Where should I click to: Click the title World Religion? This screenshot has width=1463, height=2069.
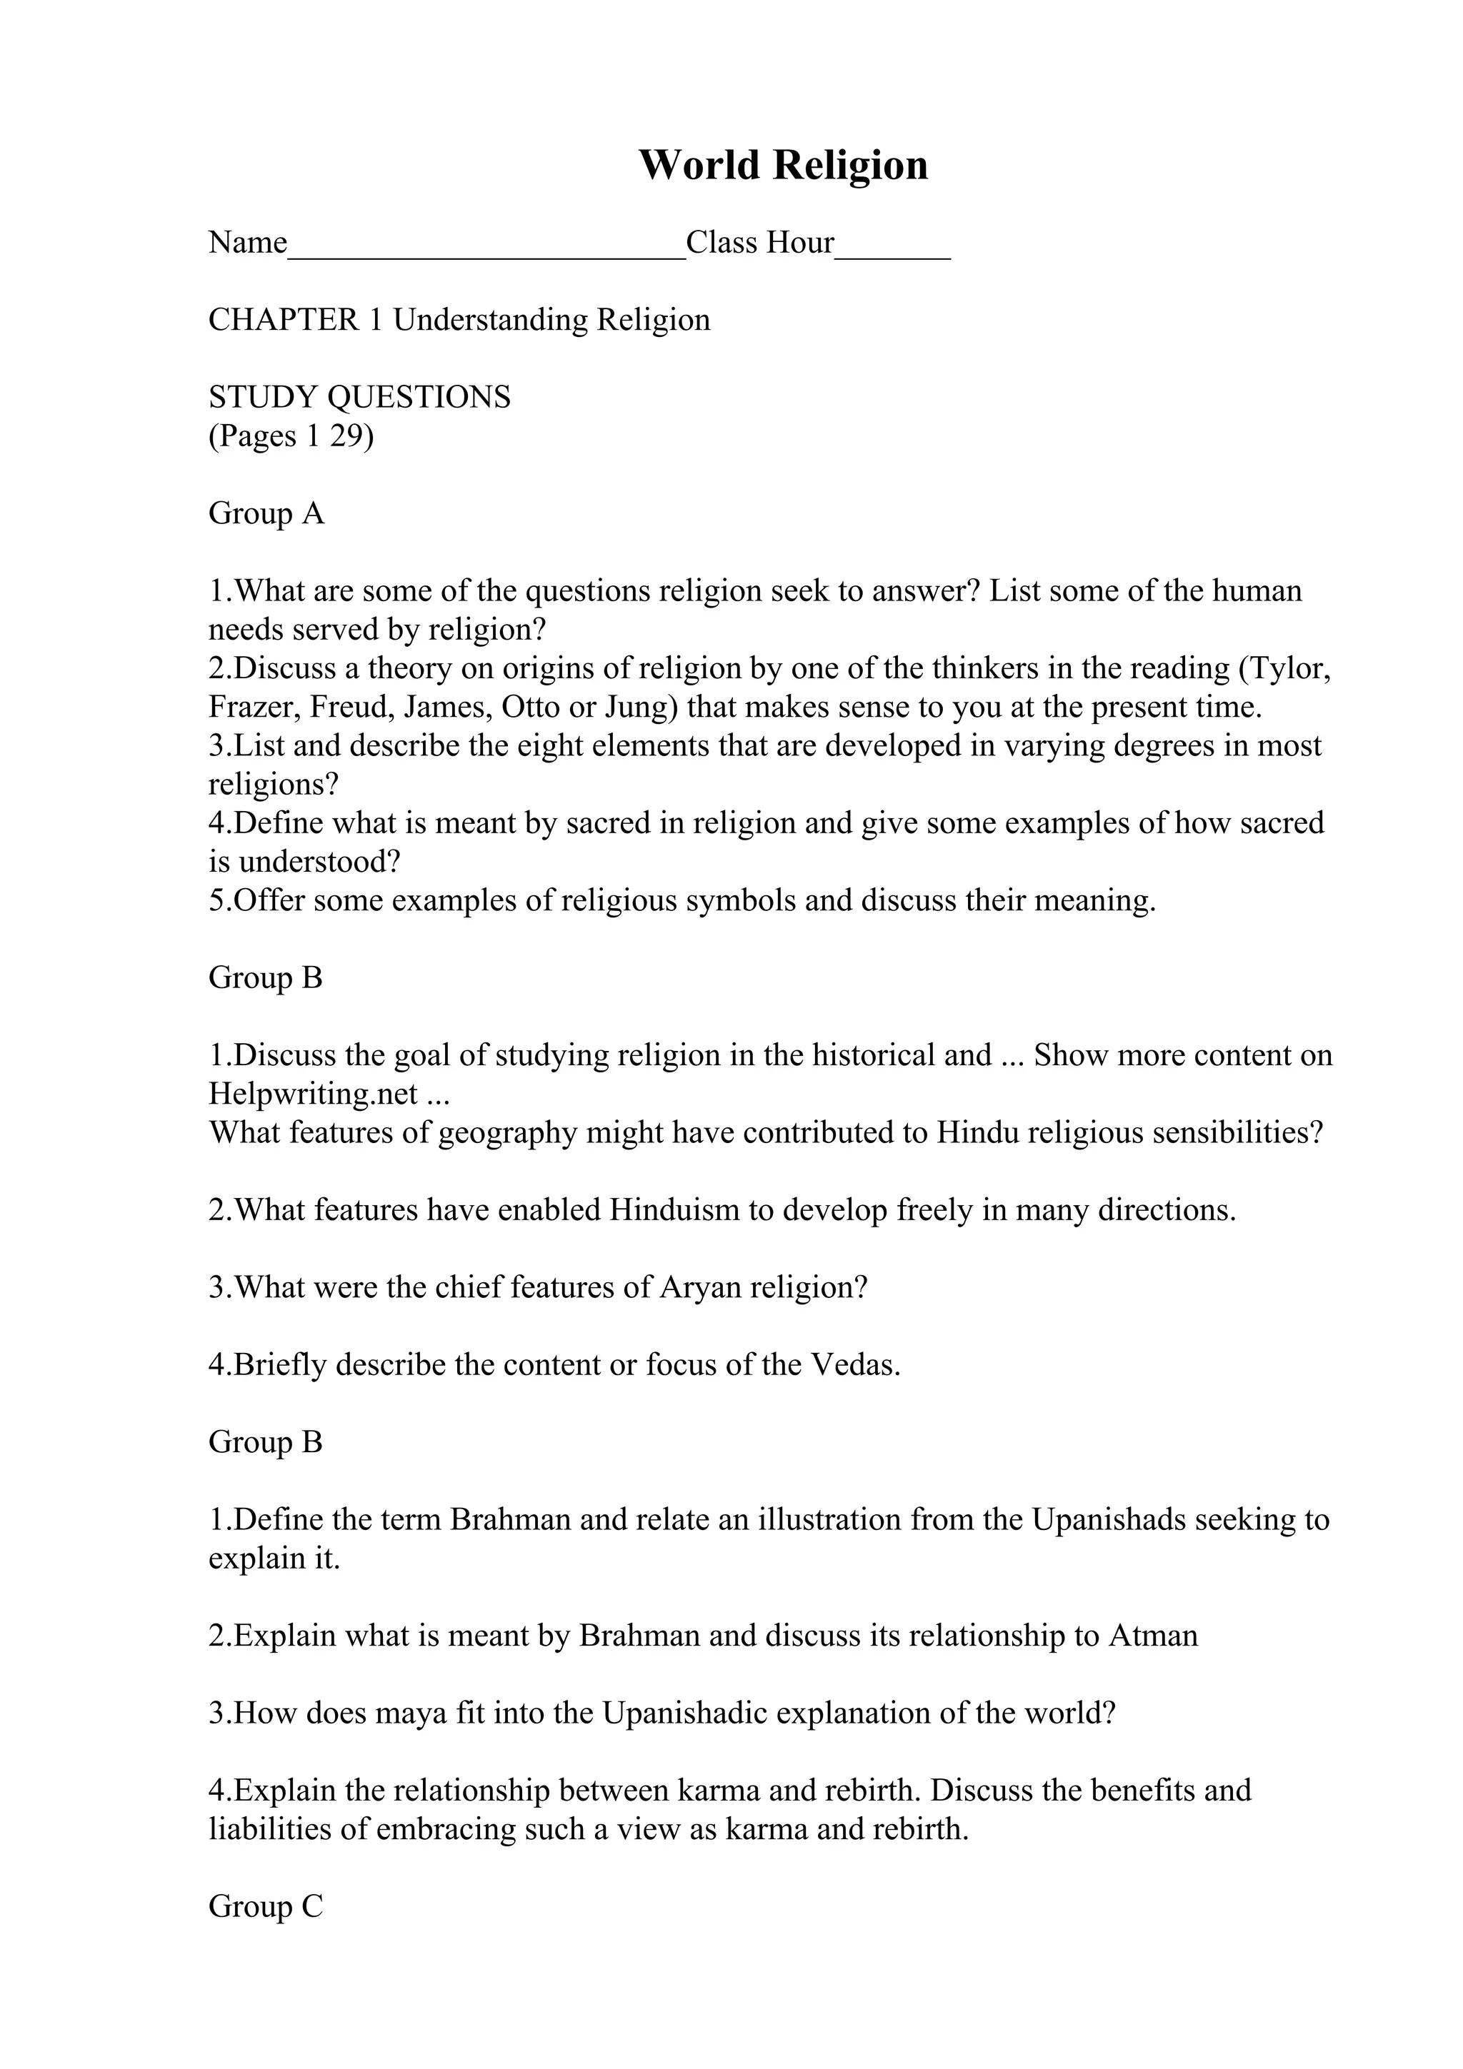tap(782, 166)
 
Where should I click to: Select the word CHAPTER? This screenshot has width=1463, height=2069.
tap(284, 320)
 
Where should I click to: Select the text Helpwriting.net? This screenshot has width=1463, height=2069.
tap(314, 1094)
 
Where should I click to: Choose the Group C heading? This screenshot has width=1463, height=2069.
tap(266, 1907)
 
